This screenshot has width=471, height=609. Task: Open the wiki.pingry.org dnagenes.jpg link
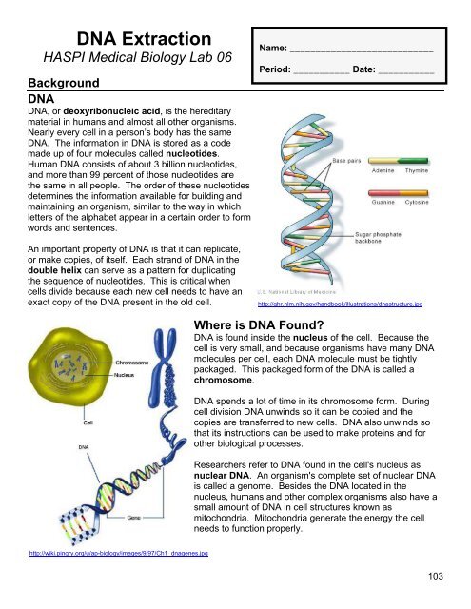click(x=106, y=579)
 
